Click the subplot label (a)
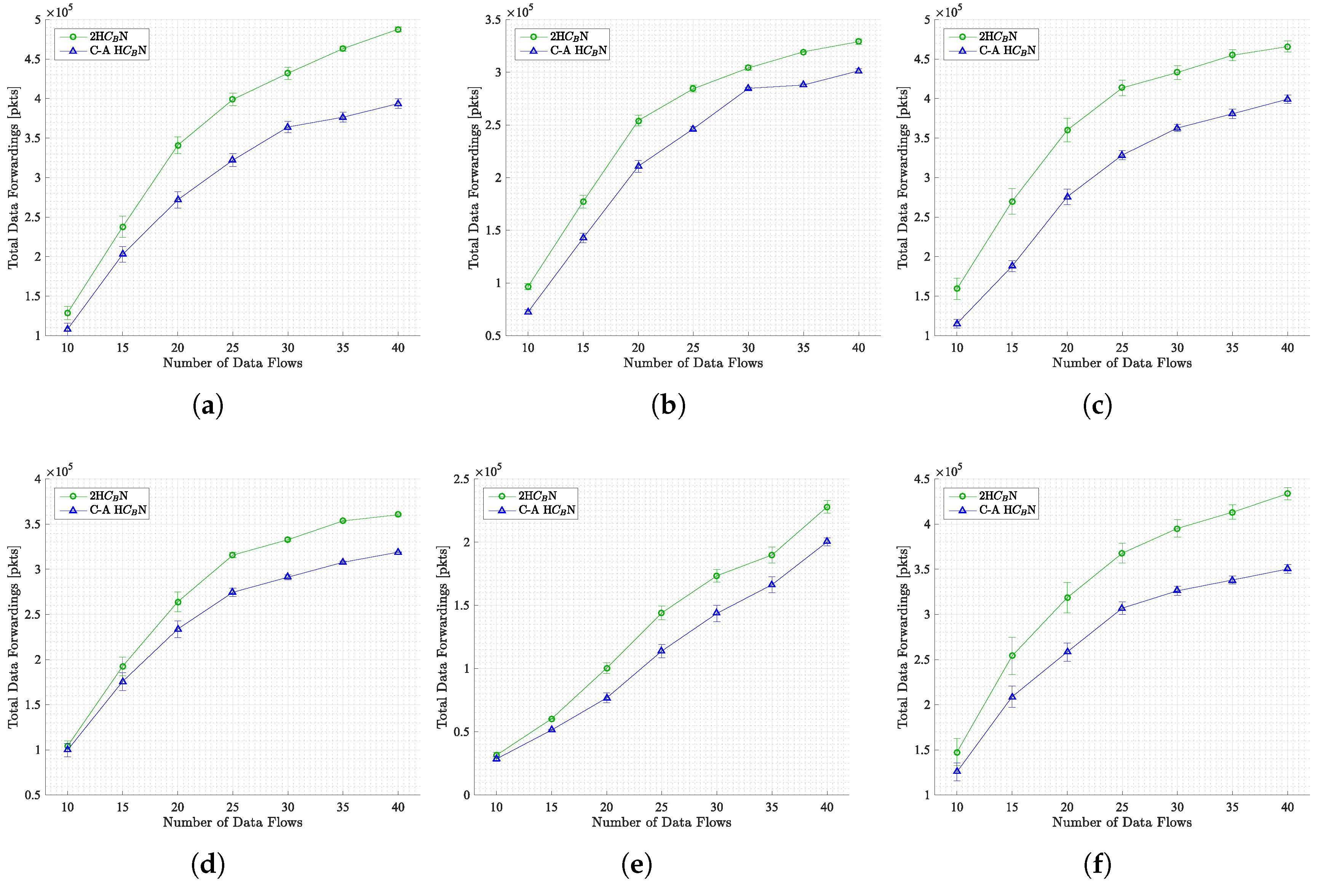tap(208, 405)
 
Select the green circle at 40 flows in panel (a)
tap(398, 29)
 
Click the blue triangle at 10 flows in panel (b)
tap(528, 312)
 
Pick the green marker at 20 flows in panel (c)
tap(1067, 130)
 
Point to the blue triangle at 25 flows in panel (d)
tap(233, 592)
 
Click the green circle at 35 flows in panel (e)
tap(772, 555)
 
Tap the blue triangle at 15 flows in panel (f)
tap(1012, 696)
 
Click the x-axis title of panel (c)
tap(1121, 363)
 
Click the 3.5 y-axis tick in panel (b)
tap(493, 20)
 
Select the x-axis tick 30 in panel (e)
tap(716, 807)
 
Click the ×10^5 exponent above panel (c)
tap(948, 11)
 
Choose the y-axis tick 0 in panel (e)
tap(466, 795)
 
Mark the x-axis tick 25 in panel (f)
tap(1121, 807)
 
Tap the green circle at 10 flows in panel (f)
tap(957, 752)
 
